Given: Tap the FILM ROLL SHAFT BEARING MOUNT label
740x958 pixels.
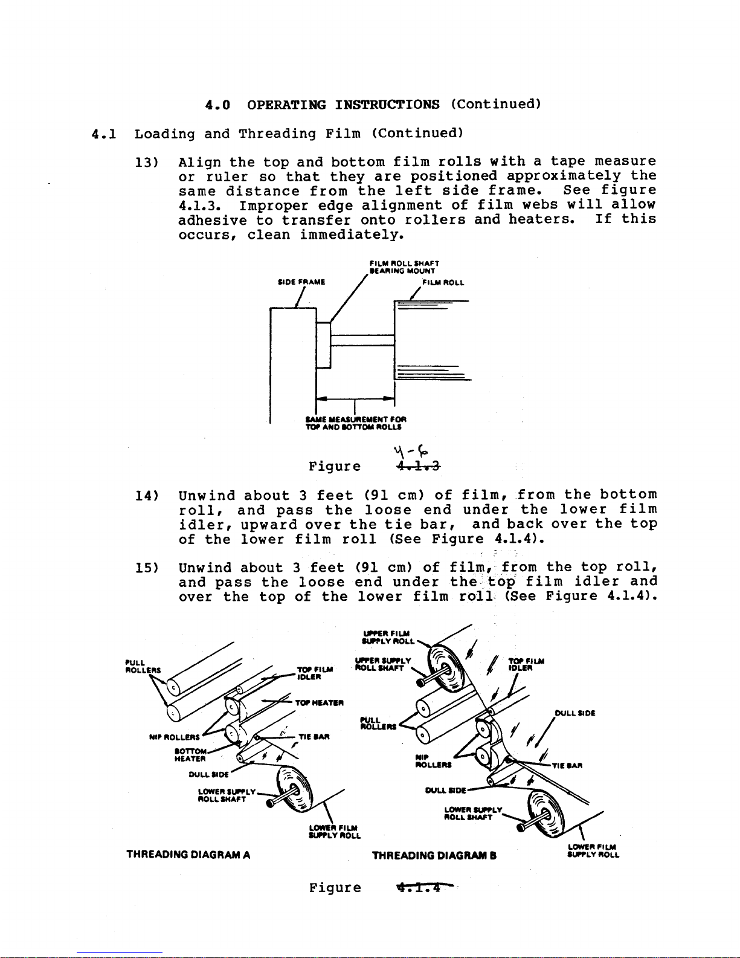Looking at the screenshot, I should point(404,268).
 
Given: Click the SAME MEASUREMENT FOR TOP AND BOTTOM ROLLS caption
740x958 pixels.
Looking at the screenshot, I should point(356,422).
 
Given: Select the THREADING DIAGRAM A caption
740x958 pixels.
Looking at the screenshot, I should point(188,855).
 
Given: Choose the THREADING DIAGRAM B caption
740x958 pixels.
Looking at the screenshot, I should point(434,855).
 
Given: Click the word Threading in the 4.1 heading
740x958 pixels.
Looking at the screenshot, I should point(277,134).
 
